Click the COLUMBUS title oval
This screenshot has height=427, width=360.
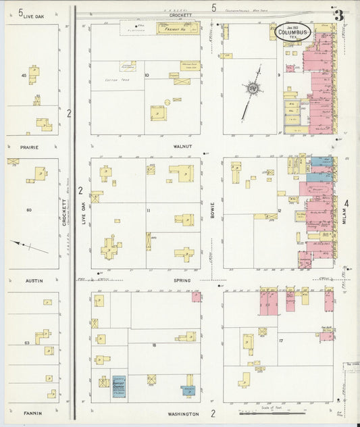[x=293, y=31]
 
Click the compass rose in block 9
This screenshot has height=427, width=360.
[x=252, y=88]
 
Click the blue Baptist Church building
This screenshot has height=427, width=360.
[x=119, y=382]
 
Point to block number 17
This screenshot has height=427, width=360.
[x=280, y=341]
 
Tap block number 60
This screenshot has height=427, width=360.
[x=29, y=210]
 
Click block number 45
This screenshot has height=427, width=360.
[x=24, y=76]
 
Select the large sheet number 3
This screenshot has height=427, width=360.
[x=337, y=15]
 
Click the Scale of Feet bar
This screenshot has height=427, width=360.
[x=270, y=411]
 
